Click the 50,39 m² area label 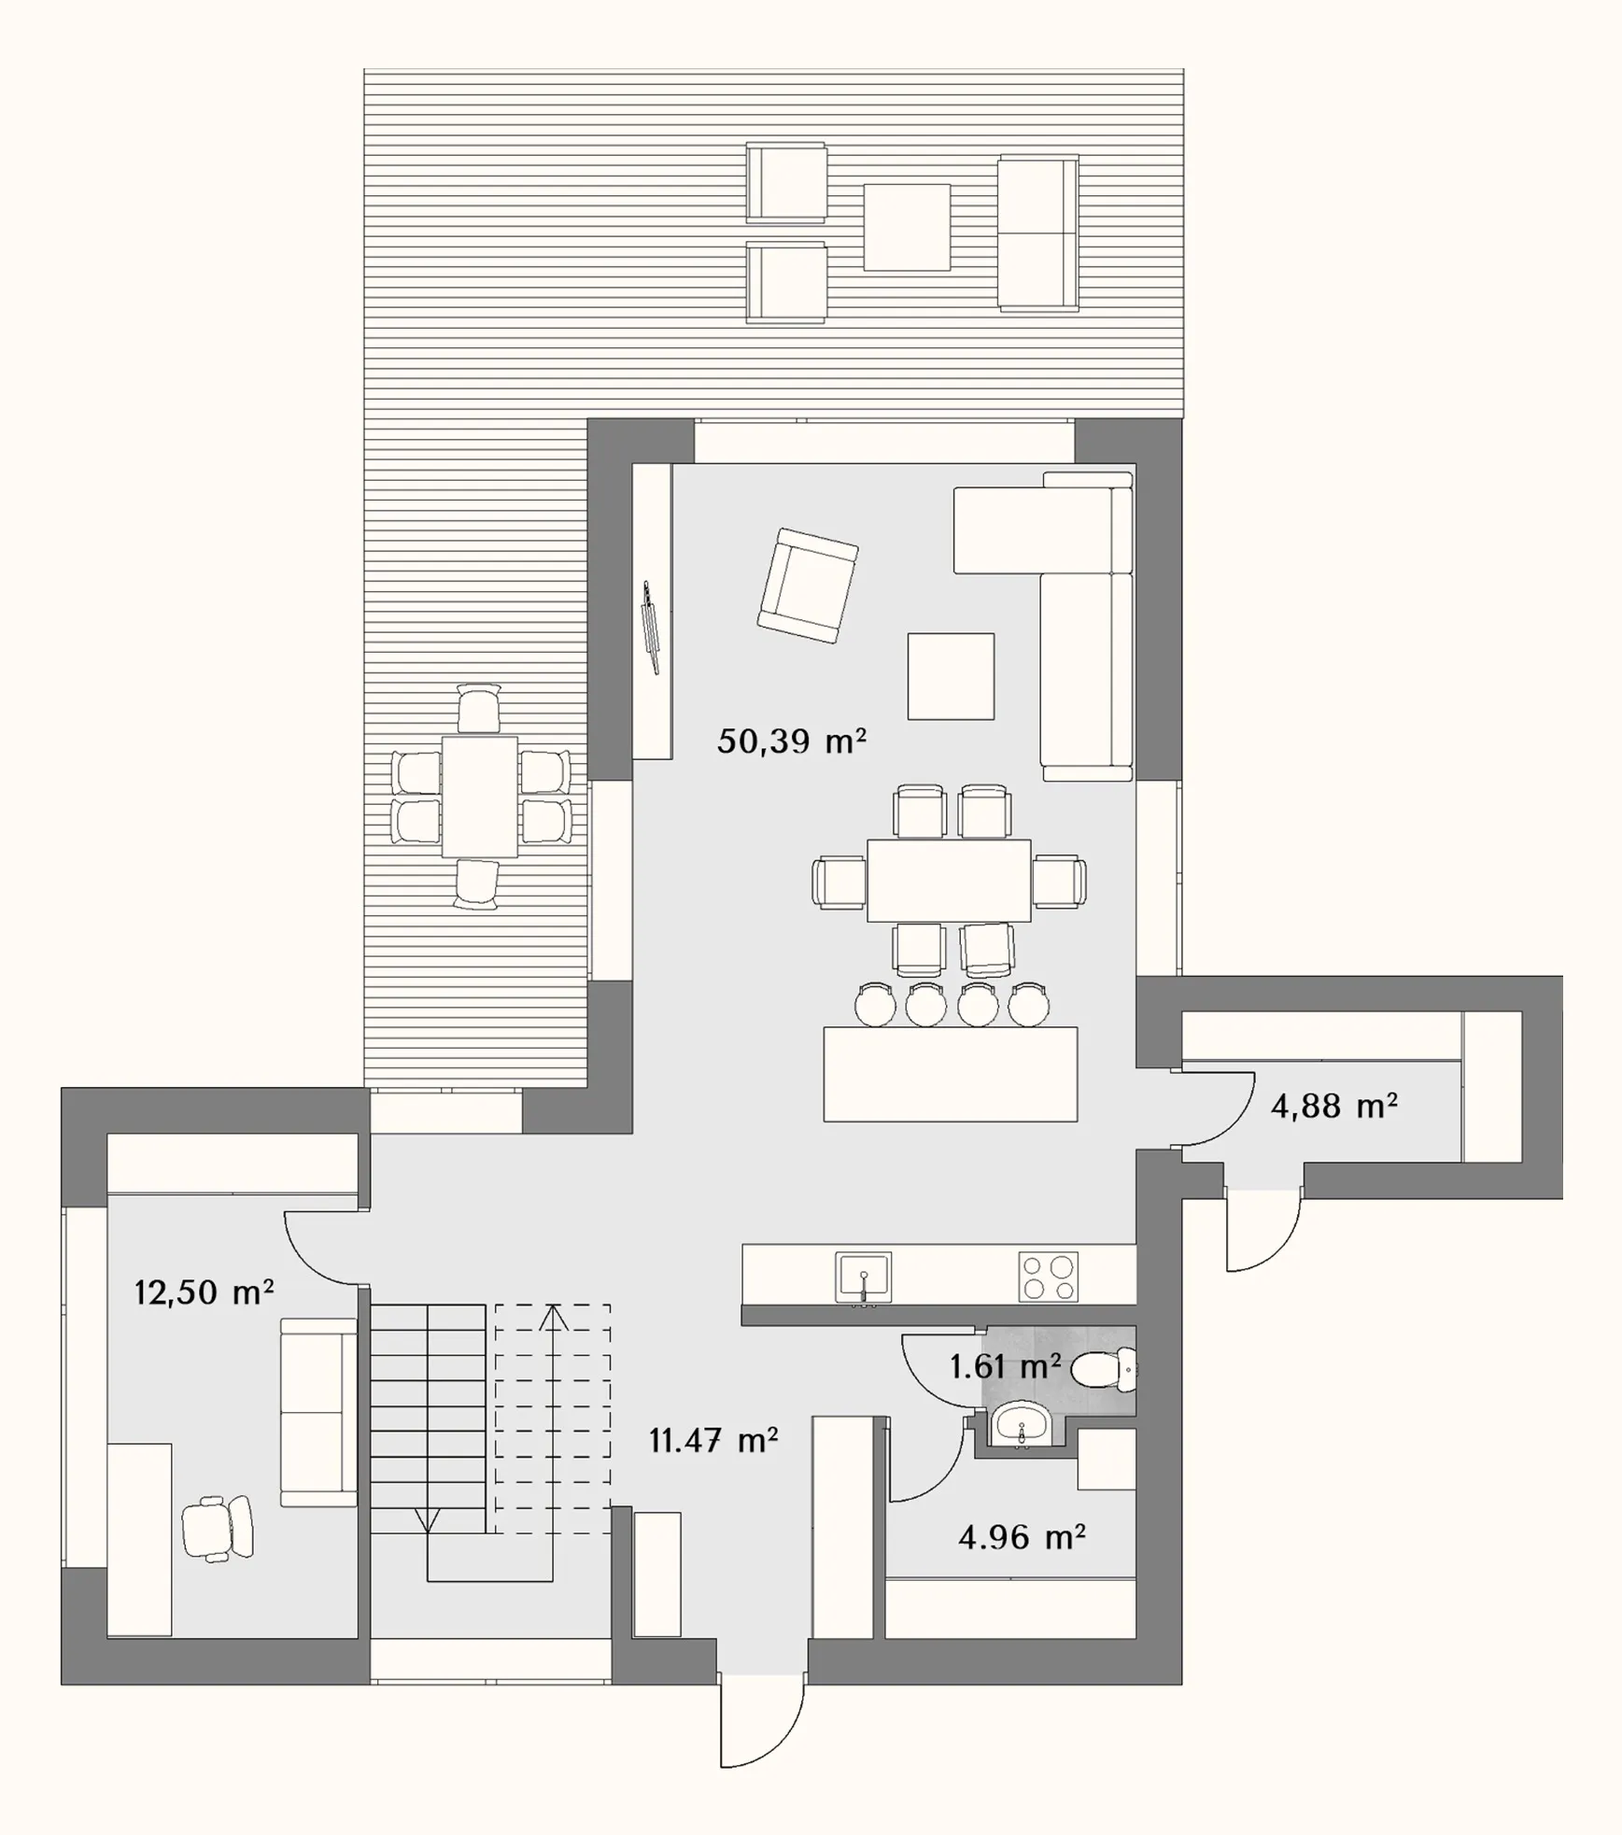pyautogui.click(x=791, y=741)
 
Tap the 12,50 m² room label pyautogui.click(x=204, y=1292)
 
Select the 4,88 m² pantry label pyautogui.click(x=1333, y=1107)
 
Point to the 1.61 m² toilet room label pyautogui.click(x=1005, y=1367)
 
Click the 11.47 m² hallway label pyautogui.click(x=713, y=1441)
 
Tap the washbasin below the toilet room pyautogui.click(x=1023, y=1425)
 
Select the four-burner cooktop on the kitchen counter pyautogui.click(x=1048, y=1277)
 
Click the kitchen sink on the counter pyautogui.click(x=865, y=1277)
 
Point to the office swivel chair pyautogui.click(x=217, y=1529)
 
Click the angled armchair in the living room pyautogui.click(x=808, y=585)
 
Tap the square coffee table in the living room pyautogui.click(x=951, y=676)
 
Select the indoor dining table pyautogui.click(x=949, y=881)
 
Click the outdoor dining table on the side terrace pyautogui.click(x=480, y=797)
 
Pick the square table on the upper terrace pyautogui.click(x=907, y=227)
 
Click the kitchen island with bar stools pyautogui.click(x=951, y=1074)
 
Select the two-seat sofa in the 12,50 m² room pyautogui.click(x=318, y=1412)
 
